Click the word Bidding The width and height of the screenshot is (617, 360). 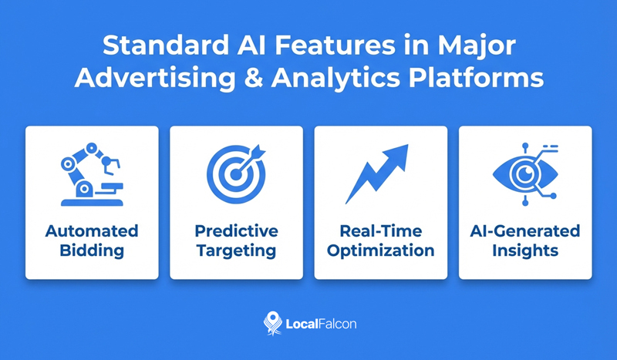(92, 251)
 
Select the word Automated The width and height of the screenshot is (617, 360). (92, 231)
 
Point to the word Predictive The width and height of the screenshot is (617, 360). (236, 231)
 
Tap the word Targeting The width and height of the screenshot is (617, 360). (236, 251)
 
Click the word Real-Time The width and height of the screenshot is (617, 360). (380, 231)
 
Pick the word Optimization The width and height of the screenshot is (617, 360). (380, 251)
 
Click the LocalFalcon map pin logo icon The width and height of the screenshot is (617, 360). (270, 322)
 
